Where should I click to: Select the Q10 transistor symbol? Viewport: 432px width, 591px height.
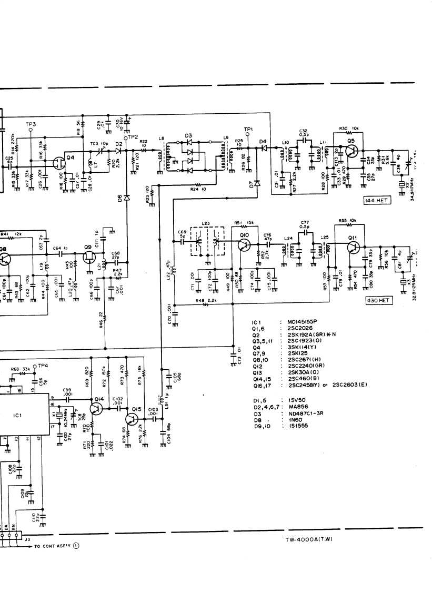[x=243, y=245]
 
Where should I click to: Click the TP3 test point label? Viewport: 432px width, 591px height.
[x=30, y=124]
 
